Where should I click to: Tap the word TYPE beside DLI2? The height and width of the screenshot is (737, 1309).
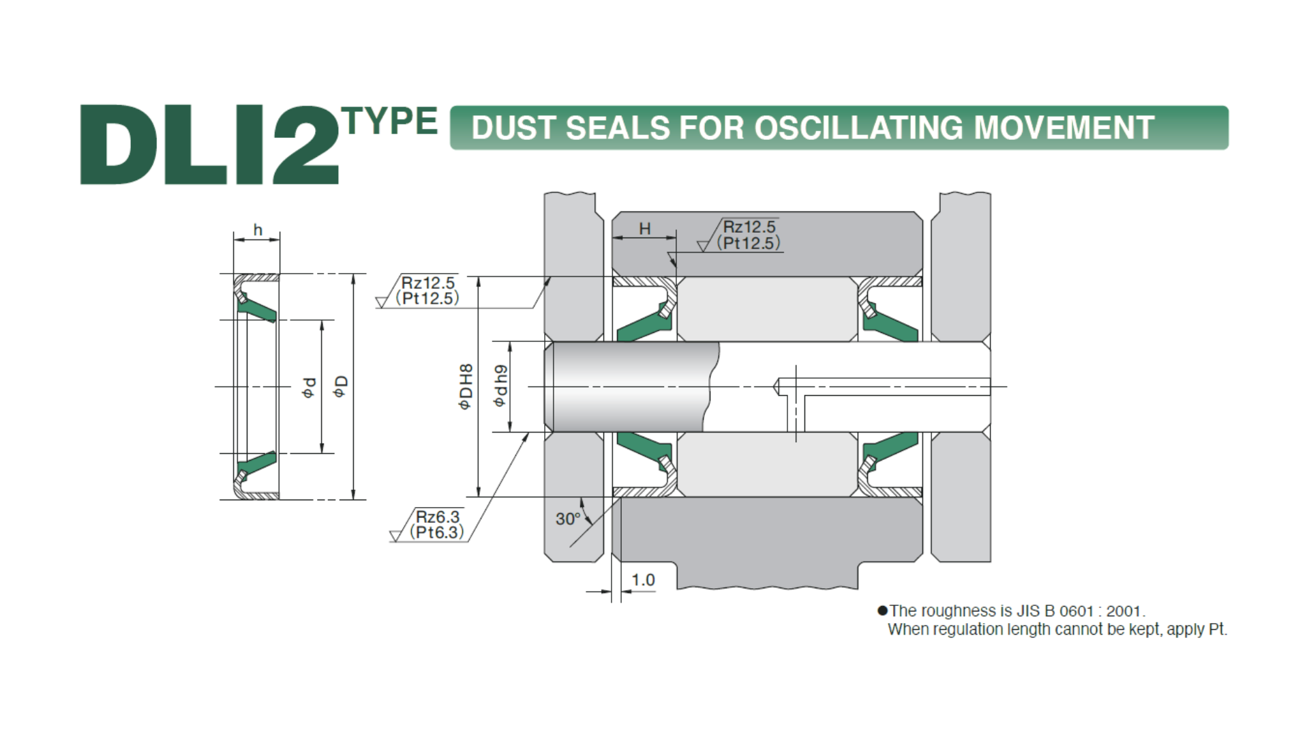pos(391,121)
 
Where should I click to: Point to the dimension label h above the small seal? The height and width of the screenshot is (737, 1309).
pos(258,230)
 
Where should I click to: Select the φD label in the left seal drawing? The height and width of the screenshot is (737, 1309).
pos(340,386)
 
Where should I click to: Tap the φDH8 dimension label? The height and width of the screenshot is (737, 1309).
pos(466,387)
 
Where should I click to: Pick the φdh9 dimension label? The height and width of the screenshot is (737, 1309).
pos(501,387)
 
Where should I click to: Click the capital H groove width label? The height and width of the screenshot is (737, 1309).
pos(644,229)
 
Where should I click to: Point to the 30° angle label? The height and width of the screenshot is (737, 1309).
pos(568,519)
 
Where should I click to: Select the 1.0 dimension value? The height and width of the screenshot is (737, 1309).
pos(643,580)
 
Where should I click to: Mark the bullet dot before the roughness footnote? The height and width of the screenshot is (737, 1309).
pos(882,611)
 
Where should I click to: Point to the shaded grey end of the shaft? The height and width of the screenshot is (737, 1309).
pos(634,387)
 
